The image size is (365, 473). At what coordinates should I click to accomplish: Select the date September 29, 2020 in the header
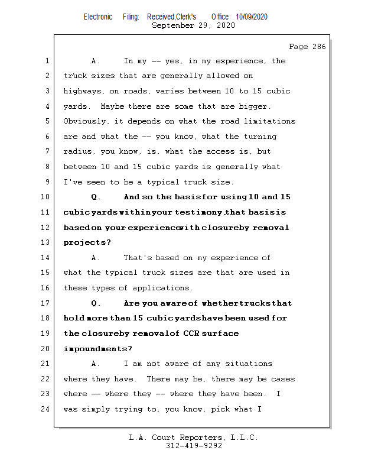click(193, 25)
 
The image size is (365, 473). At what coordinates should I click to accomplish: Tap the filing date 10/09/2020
click(251, 17)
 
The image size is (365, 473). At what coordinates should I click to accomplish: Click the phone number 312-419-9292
click(194, 446)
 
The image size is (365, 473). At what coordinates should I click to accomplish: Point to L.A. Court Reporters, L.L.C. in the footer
click(193, 438)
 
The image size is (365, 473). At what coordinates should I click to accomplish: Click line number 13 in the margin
click(46, 242)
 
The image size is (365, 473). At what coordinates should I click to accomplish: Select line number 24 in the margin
click(46, 409)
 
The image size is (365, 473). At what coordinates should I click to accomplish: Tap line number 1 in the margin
click(46, 61)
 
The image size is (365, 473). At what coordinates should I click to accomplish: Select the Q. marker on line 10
click(96, 197)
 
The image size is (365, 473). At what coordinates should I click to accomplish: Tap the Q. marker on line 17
click(96, 303)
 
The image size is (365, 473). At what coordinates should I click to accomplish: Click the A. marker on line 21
click(96, 364)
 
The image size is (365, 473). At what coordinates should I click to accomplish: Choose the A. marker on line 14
click(96, 258)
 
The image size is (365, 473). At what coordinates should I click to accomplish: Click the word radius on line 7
click(77, 152)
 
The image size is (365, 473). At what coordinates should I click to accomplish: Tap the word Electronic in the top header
click(98, 17)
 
